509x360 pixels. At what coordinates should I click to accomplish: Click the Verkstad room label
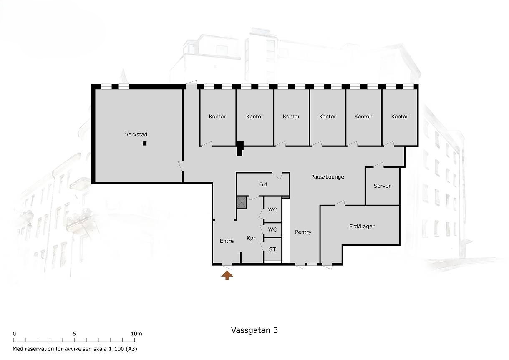(136, 135)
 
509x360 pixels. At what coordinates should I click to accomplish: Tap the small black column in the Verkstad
(145, 143)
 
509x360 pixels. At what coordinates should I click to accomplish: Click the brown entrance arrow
(227, 275)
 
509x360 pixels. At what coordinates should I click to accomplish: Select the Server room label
(382, 186)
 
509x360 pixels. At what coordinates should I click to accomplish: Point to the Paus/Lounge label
(328, 177)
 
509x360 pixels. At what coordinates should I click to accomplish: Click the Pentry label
(303, 232)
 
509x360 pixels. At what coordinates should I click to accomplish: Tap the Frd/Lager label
(362, 226)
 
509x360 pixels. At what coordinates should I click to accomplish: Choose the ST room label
(272, 249)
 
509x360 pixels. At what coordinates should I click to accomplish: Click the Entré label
(227, 241)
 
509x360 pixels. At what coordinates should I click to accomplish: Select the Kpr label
(251, 238)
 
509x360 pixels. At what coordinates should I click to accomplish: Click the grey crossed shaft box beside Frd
(242, 203)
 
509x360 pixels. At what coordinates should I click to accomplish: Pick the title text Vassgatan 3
(254, 330)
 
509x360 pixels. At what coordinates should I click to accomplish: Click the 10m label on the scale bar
(136, 334)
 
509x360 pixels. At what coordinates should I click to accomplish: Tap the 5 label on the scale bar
(74, 334)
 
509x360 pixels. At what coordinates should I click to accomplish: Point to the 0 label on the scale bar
(14, 334)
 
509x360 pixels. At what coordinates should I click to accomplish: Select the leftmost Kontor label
(217, 116)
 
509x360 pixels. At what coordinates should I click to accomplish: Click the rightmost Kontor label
(400, 116)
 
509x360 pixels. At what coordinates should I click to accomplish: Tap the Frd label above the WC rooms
(263, 184)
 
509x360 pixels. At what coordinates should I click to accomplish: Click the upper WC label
(272, 210)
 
